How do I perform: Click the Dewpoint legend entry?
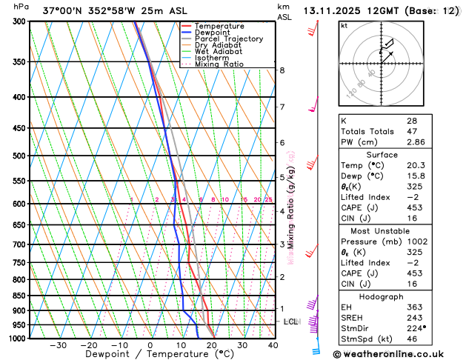pyautogui.click(x=210, y=33)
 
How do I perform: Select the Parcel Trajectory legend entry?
pyautogui.click(x=224, y=39)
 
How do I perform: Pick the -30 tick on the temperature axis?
pyautogui.click(x=58, y=345)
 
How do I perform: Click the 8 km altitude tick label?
pyautogui.click(x=282, y=70)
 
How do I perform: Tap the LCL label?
pyautogui.click(x=290, y=321)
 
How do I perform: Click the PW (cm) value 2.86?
pyautogui.click(x=416, y=141)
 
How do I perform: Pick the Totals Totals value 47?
pyautogui.click(x=411, y=130)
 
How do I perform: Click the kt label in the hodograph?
pyautogui.click(x=344, y=26)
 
